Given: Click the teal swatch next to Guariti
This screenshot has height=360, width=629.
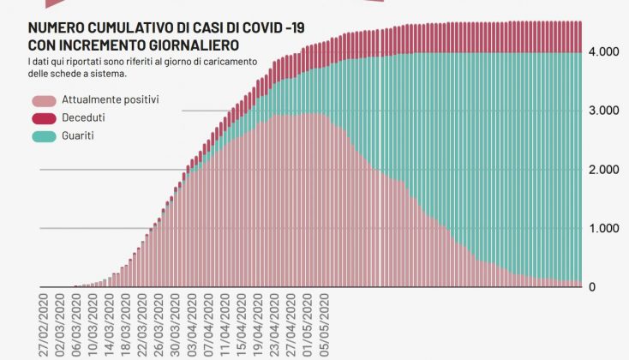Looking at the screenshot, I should [43, 135].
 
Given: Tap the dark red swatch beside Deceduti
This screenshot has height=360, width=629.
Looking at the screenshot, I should [43, 117].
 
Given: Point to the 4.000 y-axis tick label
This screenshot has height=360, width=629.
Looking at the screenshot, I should [603, 52].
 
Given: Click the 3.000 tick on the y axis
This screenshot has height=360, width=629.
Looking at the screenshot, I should [603, 111].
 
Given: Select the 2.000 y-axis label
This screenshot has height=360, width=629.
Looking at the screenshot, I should [603, 170].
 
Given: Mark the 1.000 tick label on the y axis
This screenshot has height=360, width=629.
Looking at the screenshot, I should [603, 229].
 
